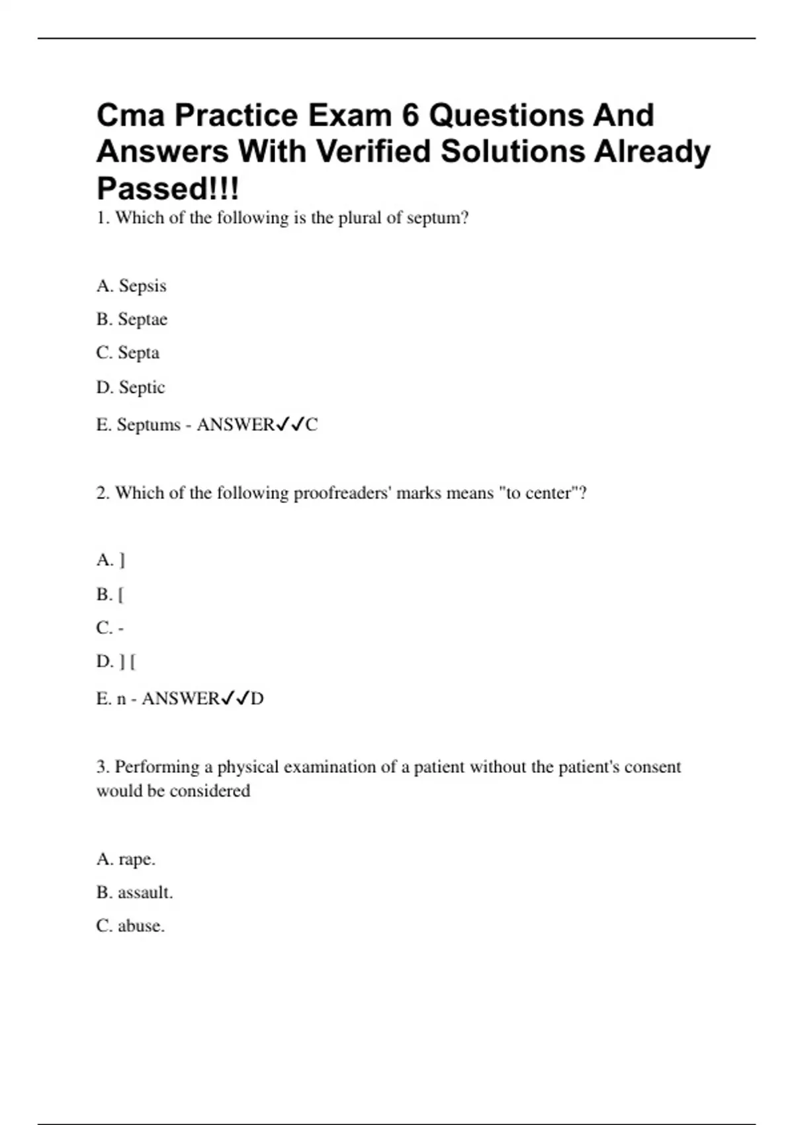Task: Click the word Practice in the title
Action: point(236,116)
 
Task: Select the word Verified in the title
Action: point(373,152)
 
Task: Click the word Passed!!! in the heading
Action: point(167,189)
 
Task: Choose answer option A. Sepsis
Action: point(131,286)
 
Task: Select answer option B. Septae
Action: point(132,320)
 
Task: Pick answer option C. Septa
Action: point(128,353)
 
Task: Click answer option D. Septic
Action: point(130,387)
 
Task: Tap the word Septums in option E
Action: point(148,425)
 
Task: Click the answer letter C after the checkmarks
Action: point(312,425)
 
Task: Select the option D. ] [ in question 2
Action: point(116,662)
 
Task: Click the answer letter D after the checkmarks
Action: point(257,699)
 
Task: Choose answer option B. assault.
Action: point(134,893)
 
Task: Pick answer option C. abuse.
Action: point(130,926)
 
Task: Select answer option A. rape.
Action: point(126,860)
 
